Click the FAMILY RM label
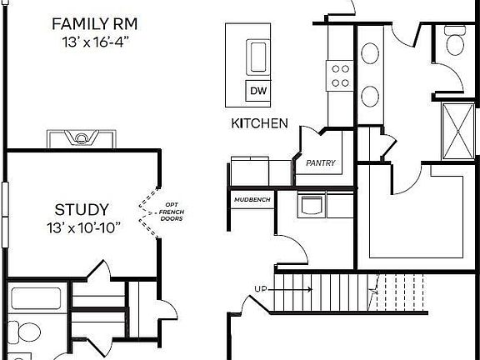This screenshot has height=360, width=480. point(95,24)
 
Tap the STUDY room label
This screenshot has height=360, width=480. point(82,210)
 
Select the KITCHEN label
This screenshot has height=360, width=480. point(260,123)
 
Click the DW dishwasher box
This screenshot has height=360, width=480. point(258,91)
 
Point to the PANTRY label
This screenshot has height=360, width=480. point(321,162)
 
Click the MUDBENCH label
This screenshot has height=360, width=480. point(252,200)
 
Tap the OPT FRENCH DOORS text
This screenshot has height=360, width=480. point(172,212)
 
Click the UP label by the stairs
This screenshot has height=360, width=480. point(261,289)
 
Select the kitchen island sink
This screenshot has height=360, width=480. point(258,57)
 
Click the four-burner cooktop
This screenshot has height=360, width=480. point(340,76)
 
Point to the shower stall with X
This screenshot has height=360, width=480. point(458,132)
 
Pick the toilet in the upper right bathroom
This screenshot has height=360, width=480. point(455,41)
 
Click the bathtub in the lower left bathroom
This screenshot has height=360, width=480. point(36,298)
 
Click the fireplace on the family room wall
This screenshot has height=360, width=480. point(81,138)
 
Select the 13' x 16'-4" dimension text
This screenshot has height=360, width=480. point(94,42)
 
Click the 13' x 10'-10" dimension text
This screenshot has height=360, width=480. point(83,227)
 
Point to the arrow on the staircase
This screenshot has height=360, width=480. point(290,289)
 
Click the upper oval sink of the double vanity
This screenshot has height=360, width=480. point(370,53)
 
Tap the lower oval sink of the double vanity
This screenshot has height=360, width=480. point(370,97)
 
